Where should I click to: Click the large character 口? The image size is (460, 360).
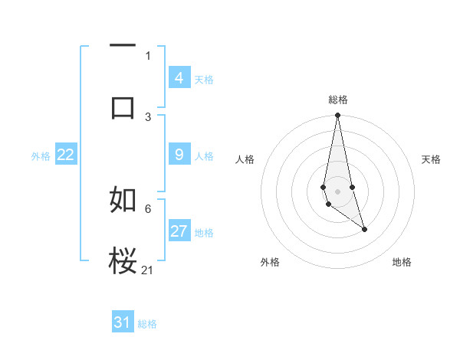123,107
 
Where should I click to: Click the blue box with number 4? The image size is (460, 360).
179,78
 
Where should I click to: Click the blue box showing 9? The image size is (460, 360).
179,155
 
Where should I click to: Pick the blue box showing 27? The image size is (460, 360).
179,231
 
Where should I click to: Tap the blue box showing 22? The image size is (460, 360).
65,155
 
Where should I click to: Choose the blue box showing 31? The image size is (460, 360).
123,322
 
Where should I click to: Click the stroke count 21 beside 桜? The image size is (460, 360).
148,270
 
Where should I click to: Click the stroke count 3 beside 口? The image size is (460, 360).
148,116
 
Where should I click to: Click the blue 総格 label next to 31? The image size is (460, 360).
147,324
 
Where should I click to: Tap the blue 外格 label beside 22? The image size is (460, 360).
41,156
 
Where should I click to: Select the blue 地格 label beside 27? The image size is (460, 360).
204,233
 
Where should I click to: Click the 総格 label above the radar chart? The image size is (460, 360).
338,100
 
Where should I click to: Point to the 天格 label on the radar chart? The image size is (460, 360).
432,159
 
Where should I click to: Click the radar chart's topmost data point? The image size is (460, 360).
337,116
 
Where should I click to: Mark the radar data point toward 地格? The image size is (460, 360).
364,229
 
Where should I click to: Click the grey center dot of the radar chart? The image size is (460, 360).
337,191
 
